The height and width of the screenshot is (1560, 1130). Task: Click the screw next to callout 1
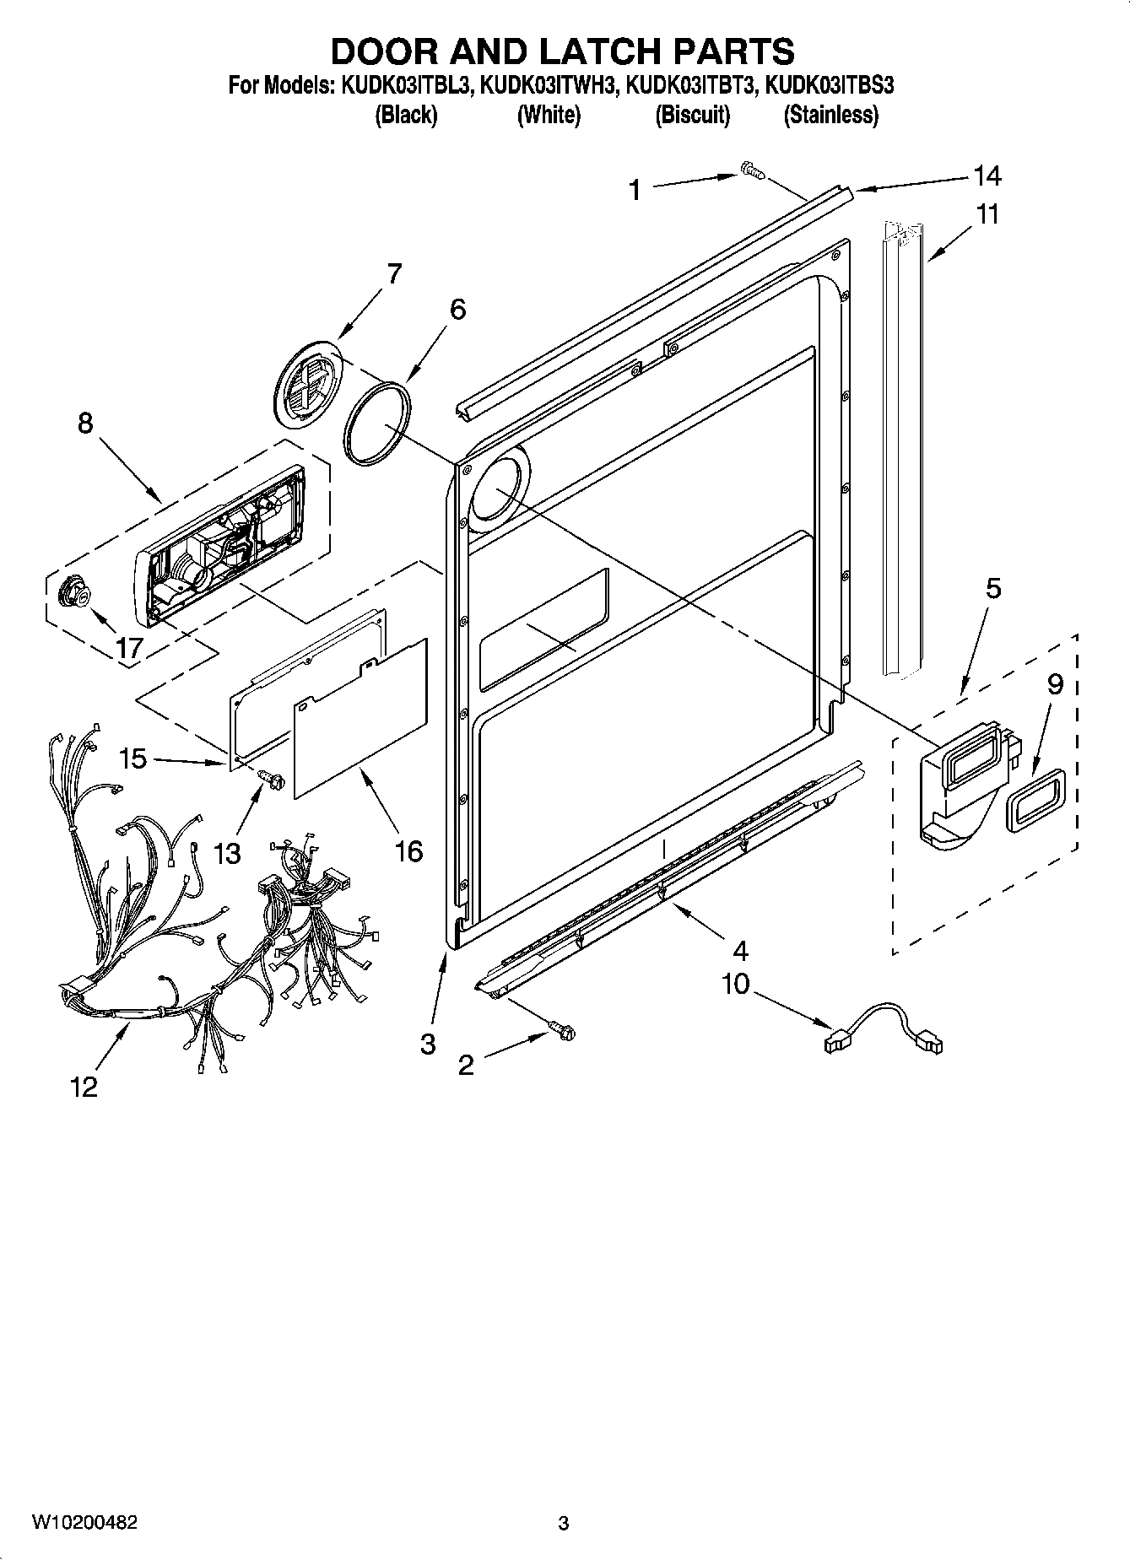[x=751, y=171]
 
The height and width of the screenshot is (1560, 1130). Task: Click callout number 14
[x=987, y=175]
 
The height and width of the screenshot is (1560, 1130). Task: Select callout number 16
[x=408, y=850]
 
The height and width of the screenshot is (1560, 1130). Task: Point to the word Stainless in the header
[x=831, y=115]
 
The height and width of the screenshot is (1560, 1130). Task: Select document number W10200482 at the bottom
[x=84, y=1522]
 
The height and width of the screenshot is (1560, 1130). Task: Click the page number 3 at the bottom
[x=563, y=1523]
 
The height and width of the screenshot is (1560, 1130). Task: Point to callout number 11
[x=987, y=214]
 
